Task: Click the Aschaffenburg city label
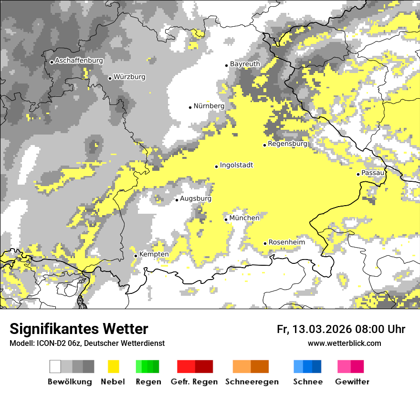pos(79,61)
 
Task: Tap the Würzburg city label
pos(129,77)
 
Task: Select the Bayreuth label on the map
pos(245,64)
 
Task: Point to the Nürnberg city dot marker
pos(190,107)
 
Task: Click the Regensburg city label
pos(287,144)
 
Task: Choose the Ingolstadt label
pos(236,165)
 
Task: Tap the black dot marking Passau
pos(358,174)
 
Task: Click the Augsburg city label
pos(195,198)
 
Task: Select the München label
pos(244,218)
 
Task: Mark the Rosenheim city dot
pos(265,243)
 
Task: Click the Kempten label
pos(154,254)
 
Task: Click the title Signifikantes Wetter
pos(79,329)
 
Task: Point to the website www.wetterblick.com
pos(344,343)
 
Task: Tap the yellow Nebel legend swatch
pos(113,366)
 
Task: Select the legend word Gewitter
pos(352,382)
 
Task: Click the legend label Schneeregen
pos(252,382)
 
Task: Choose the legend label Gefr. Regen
pos(194,382)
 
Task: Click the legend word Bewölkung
pos(70,382)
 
